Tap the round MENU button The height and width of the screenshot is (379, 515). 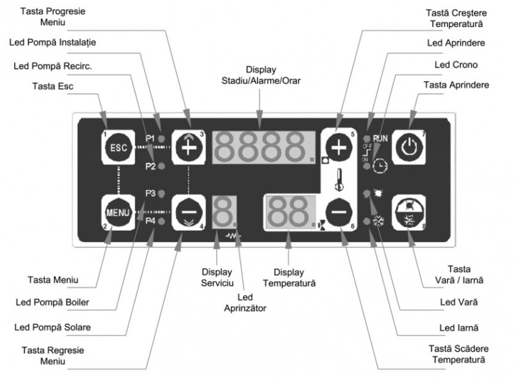118,211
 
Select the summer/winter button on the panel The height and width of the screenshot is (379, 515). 407,209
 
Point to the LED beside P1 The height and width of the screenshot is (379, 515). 162,138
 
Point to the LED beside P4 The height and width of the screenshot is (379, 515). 162,221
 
